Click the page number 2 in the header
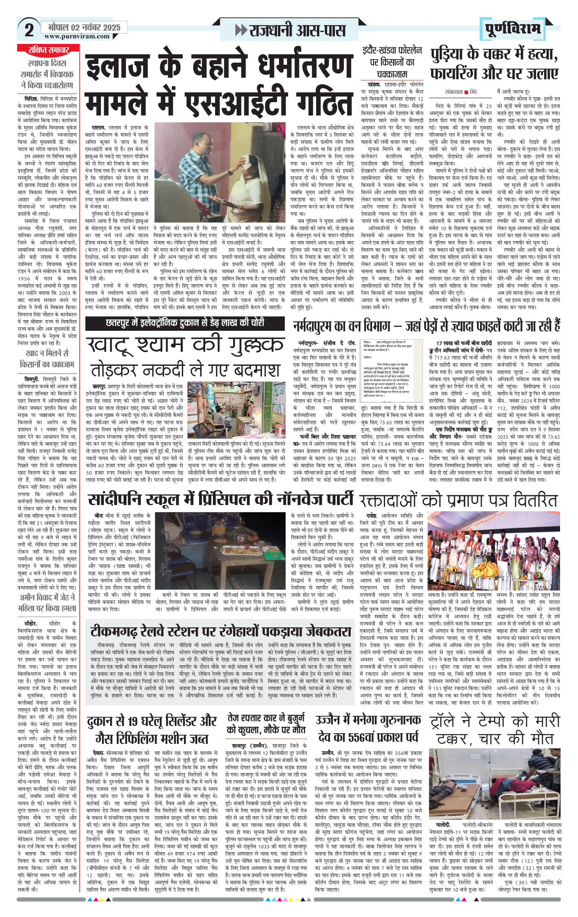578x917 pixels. (29, 30)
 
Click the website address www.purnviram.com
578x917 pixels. (77, 36)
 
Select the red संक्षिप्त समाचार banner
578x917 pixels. (49, 50)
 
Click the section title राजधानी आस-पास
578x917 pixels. (297, 31)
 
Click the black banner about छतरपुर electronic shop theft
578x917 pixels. (185, 323)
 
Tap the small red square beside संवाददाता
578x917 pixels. (466, 92)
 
